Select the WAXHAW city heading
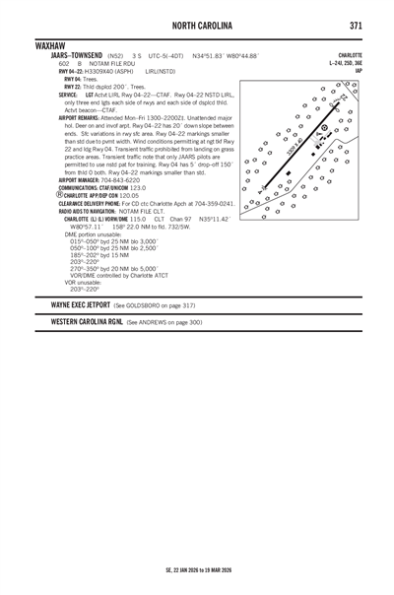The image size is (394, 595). coord(50,46)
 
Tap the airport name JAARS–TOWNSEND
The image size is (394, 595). coord(75,56)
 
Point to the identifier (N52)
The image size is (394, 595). coord(118,56)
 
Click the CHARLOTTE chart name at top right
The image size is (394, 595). coord(350,55)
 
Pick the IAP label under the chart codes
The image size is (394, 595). coord(358,71)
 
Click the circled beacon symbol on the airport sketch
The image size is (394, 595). coord(325,128)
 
